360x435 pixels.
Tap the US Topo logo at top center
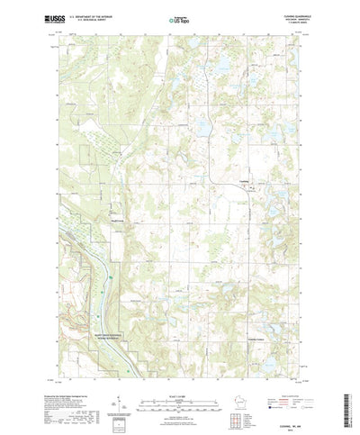click(x=179, y=17)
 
